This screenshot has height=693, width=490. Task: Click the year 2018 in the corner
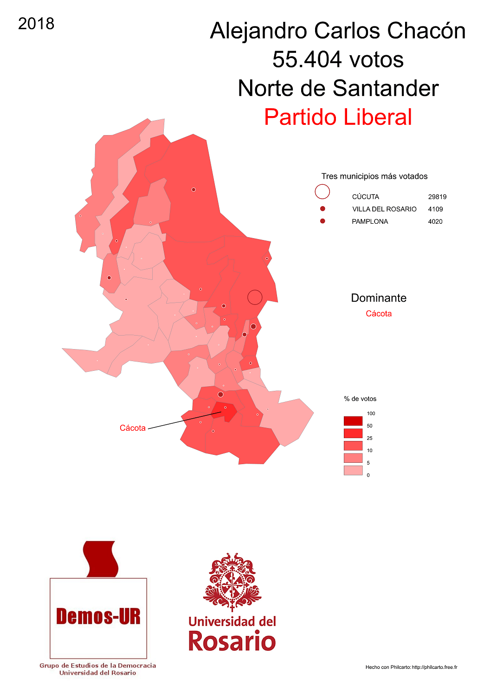[36, 24]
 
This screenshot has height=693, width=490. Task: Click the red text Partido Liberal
[338, 117]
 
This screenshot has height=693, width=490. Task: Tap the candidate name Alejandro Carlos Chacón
[338, 31]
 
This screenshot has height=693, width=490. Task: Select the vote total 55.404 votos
[338, 59]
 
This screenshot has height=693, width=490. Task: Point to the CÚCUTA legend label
[365, 197]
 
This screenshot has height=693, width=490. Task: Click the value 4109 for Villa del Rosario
[435, 209]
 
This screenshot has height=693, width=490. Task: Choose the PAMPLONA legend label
[370, 221]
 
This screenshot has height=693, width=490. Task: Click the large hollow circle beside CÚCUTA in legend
[322, 191]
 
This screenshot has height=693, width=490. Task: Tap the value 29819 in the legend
[437, 197]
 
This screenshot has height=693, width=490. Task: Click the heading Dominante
[379, 298]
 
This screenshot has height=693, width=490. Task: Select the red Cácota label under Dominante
[379, 314]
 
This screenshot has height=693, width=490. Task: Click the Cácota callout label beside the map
[133, 428]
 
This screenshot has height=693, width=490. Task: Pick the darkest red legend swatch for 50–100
[353, 421]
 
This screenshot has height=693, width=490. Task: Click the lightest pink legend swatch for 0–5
[353, 470]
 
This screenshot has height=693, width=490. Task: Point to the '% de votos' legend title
[360, 399]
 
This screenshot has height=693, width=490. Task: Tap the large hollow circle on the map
[255, 297]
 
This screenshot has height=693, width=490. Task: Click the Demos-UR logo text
[98, 616]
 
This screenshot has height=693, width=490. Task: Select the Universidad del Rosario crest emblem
[232, 582]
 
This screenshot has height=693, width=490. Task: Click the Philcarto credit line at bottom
[411, 667]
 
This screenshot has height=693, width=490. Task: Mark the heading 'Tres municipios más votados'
[374, 176]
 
